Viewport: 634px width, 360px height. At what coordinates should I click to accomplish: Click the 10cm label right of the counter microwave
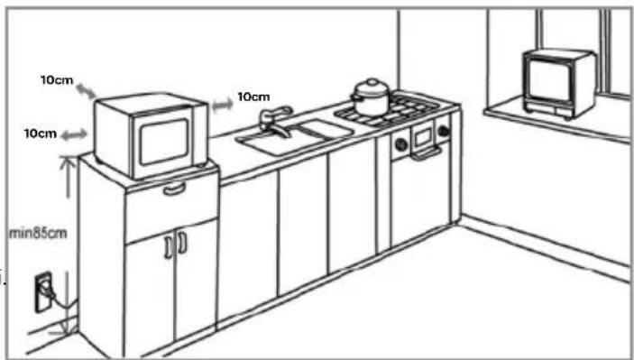tap(253, 97)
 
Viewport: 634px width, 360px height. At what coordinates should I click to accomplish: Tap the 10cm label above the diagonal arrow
tap(57, 79)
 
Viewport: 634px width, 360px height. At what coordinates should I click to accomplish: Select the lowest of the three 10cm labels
tap(40, 134)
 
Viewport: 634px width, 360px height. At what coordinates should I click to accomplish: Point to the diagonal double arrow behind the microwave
tap(86, 90)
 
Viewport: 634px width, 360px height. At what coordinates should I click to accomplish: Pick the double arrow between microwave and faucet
tap(222, 105)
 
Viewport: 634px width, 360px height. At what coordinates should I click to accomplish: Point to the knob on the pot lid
tap(371, 82)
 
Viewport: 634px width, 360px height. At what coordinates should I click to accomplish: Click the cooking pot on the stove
tap(371, 98)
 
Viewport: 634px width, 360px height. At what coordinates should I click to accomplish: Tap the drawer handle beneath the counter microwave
tap(173, 189)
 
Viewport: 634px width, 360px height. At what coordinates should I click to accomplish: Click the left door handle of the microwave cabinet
tap(169, 245)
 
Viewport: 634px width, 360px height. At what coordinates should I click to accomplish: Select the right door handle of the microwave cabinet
tap(180, 243)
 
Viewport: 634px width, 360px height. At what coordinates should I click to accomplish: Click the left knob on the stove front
tap(398, 143)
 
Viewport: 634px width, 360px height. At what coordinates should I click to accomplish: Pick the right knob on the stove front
tap(443, 131)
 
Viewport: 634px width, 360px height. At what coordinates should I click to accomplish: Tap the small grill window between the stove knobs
tap(422, 137)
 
